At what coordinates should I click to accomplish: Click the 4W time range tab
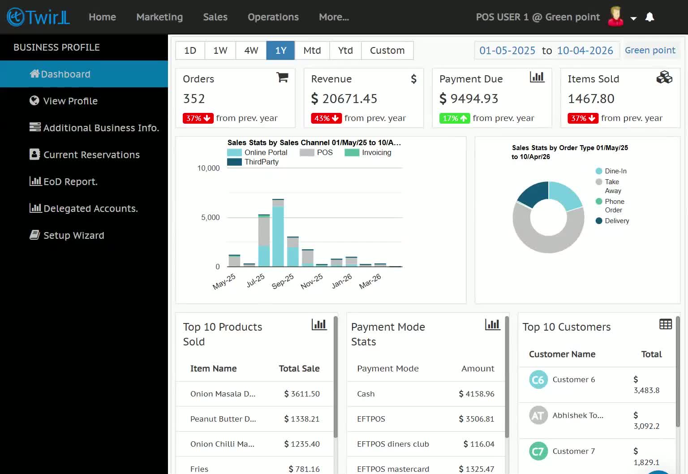pyautogui.click(x=251, y=50)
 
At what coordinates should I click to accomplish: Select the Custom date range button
pyautogui.click(x=387, y=50)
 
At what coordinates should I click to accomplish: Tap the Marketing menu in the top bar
pyautogui.click(x=159, y=17)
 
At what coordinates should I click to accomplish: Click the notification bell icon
pyautogui.click(x=649, y=17)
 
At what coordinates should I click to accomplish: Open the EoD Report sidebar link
pyautogui.click(x=64, y=181)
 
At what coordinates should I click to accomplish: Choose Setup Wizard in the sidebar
pyautogui.click(x=67, y=235)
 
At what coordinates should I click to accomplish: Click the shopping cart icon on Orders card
pyautogui.click(x=282, y=78)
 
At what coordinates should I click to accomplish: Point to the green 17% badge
pyautogui.click(x=454, y=118)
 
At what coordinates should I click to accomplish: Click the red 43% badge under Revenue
pyautogui.click(x=326, y=118)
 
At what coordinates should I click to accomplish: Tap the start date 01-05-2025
pyautogui.click(x=507, y=50)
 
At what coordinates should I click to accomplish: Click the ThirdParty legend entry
pyautogui.click(x=253, y=162)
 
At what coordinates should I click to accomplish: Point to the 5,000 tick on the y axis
pyautogui.click(x=210, y=217)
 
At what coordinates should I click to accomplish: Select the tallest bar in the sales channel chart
pyautogui.click(x=278, y=233)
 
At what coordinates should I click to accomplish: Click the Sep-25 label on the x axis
pyautogui.click(x=283, y=281)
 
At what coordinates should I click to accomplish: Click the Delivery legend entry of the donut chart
pyautogui.click(x=612, y=221)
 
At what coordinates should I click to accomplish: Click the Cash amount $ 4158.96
pyautogui.click(x=477, y=394)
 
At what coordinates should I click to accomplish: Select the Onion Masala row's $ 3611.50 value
pyautogui.click(x=302, y=394)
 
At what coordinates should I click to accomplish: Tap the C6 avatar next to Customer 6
pyautogui.click(x=538, y=379)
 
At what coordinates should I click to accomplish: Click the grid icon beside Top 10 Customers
pyautogui.click(x=666, y=324)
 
